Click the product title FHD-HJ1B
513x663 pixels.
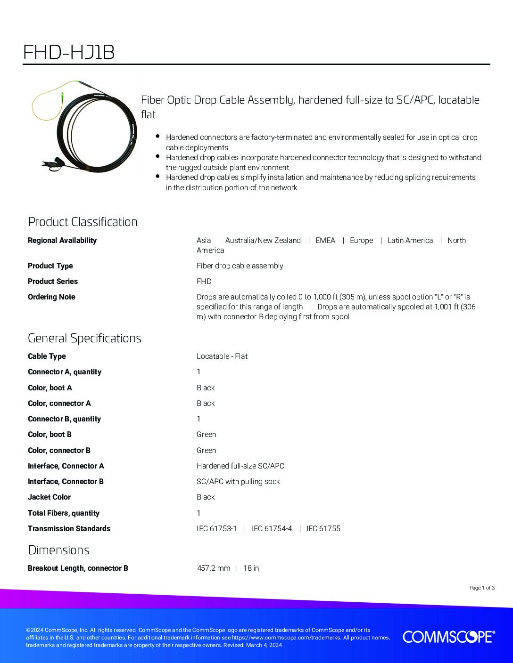[x=69, y=53]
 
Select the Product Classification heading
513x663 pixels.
[x=83, y=222]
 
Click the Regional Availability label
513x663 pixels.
[x=62, y=240]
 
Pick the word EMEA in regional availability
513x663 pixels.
[x=325, y=240]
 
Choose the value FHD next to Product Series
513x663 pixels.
[x=204, y=281]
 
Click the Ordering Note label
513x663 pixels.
[x=51, y=297]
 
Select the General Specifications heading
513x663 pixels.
[x=84, y=338]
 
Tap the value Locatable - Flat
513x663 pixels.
[x=222, y=356]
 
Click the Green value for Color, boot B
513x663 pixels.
[x=207, y=434]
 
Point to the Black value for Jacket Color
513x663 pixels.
[x=206, y=497]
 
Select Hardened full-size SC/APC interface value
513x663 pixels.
[x=240, y=466]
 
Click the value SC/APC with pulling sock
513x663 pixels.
[x=238, y=481]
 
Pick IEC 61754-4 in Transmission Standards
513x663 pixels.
[x=272, y=528]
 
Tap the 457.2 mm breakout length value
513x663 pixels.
[x=214, y=568]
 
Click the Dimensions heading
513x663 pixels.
[x=58, y=550]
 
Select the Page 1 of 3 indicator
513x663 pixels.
[x=482, y=588]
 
